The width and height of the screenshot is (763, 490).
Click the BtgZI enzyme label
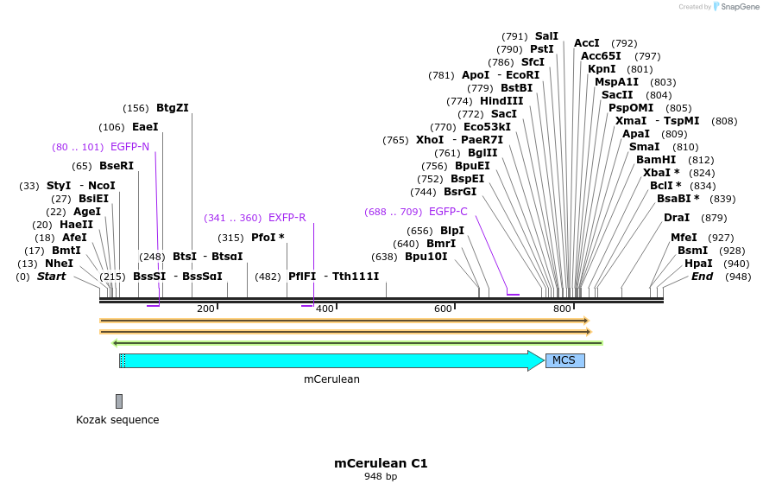click(x=172, y=108)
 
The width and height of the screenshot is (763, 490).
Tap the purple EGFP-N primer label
click(x=129, y=147)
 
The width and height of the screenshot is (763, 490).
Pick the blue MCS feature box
click(x=564, y=360)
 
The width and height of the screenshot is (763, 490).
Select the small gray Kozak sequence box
click(x=119, y=401)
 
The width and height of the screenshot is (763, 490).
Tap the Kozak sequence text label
click(x=117, y=420)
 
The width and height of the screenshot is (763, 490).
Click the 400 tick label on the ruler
click(x=325, y=309)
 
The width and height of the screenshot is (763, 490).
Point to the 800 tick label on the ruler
click(x=562, y=309)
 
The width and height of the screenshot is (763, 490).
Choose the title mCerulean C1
click(x=381, y=463)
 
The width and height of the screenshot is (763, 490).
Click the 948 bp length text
click(x=381, y=476)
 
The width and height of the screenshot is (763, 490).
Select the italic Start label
click(x=51, y=277)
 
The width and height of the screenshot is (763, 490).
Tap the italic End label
click(x=702, y=277)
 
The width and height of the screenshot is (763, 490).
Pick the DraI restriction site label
click(x=677, y=218)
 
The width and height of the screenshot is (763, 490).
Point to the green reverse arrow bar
click(x=357, y=342)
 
